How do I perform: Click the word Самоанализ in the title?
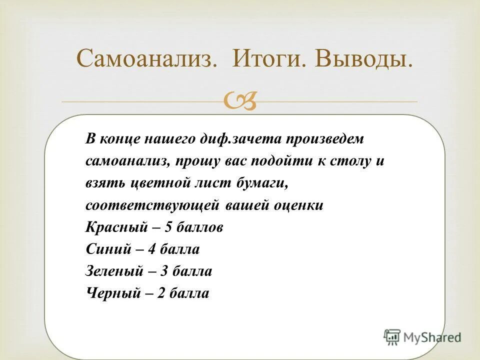click(146, 60)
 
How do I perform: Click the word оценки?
click(298, 205)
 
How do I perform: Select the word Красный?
click(116, 227)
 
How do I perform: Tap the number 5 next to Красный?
click(168, 227)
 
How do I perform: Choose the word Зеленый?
click(114, 271)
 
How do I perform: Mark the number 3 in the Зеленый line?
click(164, 271)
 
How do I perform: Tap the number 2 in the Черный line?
click(160, 293)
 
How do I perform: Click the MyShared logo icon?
click(392, 337)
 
